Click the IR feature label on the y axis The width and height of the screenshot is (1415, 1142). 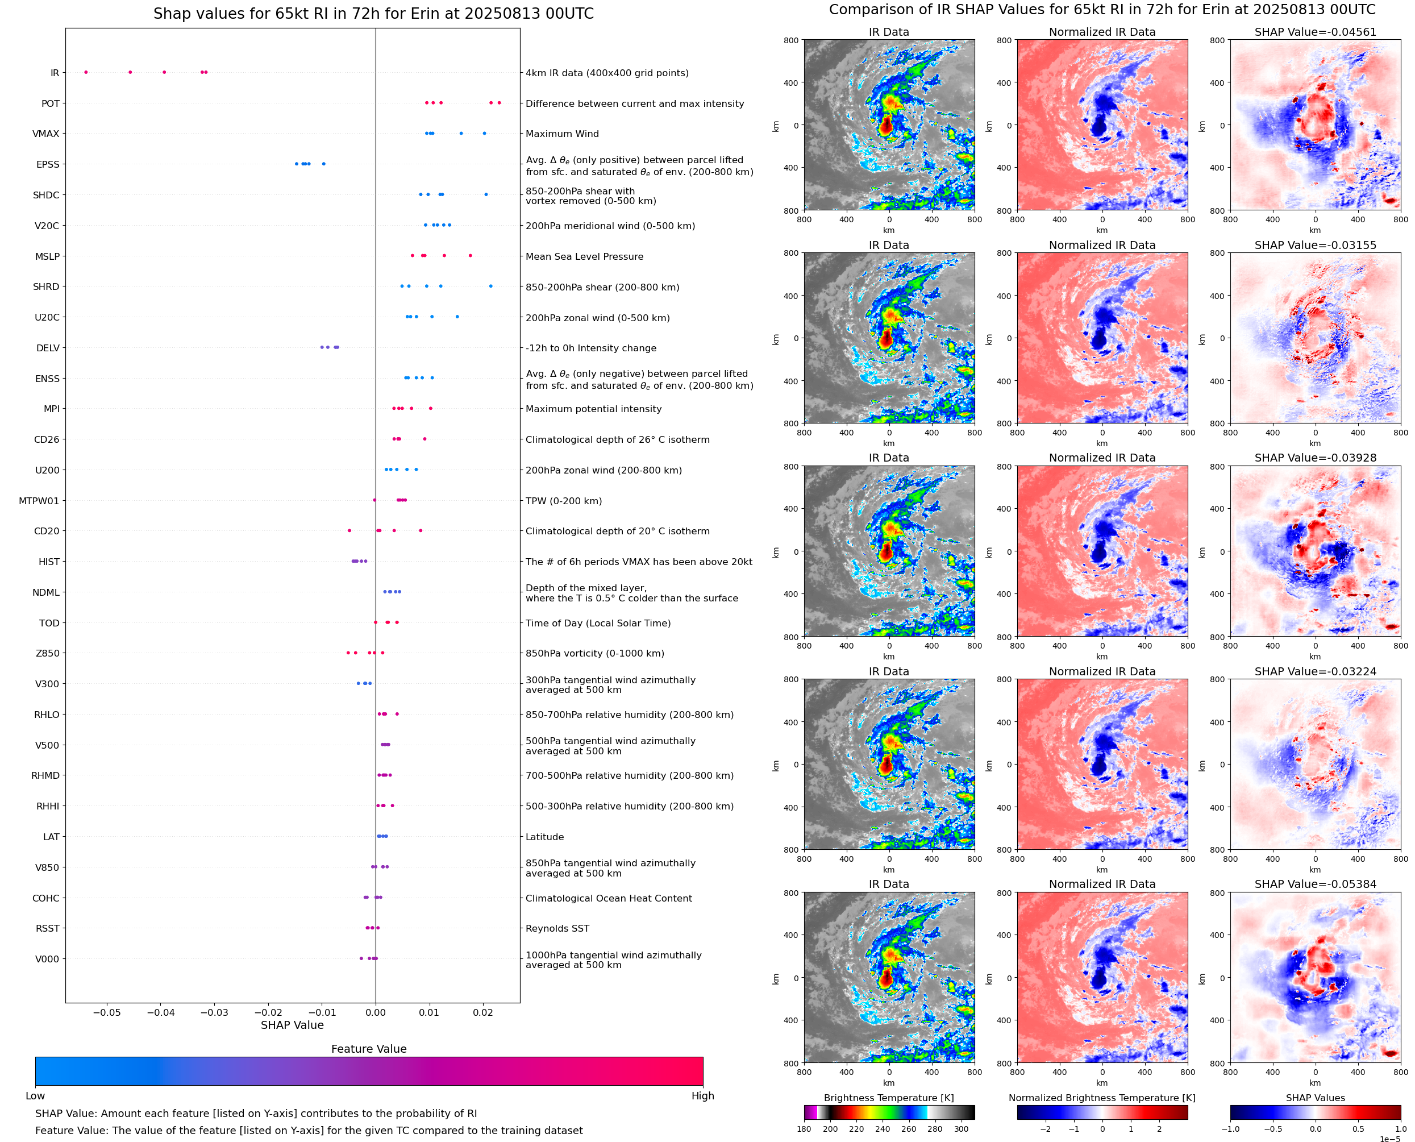55,73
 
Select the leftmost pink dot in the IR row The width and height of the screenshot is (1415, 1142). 86,72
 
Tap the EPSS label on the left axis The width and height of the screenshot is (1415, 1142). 47,164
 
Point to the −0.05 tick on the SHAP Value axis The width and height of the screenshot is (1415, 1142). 106,1012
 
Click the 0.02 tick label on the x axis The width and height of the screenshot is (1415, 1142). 482,1012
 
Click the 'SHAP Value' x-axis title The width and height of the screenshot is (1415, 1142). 292,1025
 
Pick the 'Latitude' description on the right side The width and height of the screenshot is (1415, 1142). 544,837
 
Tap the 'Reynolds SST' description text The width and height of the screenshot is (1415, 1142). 557,928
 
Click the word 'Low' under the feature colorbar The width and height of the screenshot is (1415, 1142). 35,1096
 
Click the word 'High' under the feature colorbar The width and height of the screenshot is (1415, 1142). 702,1096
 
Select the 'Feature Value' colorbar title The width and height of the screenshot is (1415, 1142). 368,1049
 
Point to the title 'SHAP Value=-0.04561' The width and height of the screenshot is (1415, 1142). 1315,32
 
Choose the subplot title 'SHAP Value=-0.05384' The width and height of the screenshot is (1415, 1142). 1315,884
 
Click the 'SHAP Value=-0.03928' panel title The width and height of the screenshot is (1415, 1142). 1315,458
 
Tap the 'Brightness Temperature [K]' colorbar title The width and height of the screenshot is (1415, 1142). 888,1098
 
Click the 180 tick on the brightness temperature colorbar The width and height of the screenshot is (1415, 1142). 804,1129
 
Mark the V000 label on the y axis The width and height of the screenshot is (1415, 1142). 47,959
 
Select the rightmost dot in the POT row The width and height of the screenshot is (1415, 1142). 499,103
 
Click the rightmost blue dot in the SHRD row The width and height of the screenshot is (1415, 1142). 490,286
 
